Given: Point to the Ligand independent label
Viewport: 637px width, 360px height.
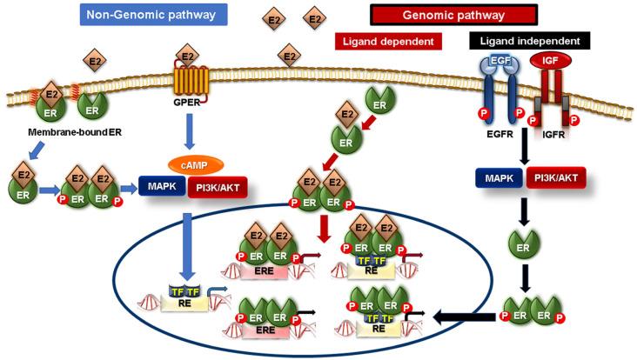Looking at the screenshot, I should [530, 41].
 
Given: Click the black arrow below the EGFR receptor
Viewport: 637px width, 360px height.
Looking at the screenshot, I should [521, 154].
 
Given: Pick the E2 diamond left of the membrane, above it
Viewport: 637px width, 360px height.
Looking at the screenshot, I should [94, 60].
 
